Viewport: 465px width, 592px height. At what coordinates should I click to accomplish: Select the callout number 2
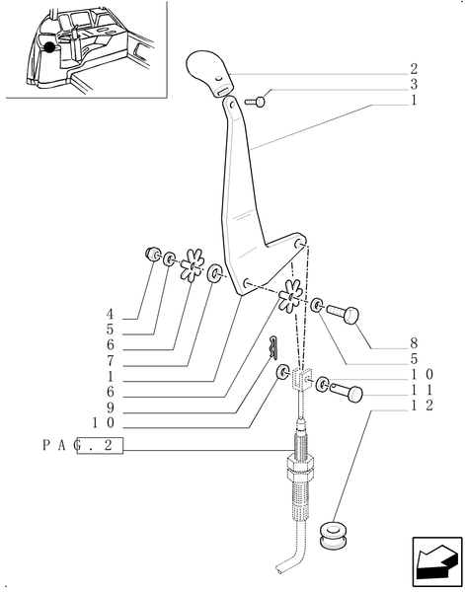pyautogui.click(x=414, y=70)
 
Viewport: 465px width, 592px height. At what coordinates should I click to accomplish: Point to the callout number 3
pyautogui.click(x=414, y=86)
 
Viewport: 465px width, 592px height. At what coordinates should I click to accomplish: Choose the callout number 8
pyautogui.click(x=414, y=345)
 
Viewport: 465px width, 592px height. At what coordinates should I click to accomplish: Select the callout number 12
pyautogui.click(x=420, y=406)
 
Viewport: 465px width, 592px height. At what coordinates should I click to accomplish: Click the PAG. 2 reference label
pyautogui.click(x=84, y=446)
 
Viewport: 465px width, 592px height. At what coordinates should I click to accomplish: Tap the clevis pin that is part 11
pyautogui.click(x=346, y=393)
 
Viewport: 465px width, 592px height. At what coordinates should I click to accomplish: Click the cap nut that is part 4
pyautogui.click(x=152, y=255)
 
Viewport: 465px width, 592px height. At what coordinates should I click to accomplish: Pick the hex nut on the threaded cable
pyautogui.click(x=301, y=463)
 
